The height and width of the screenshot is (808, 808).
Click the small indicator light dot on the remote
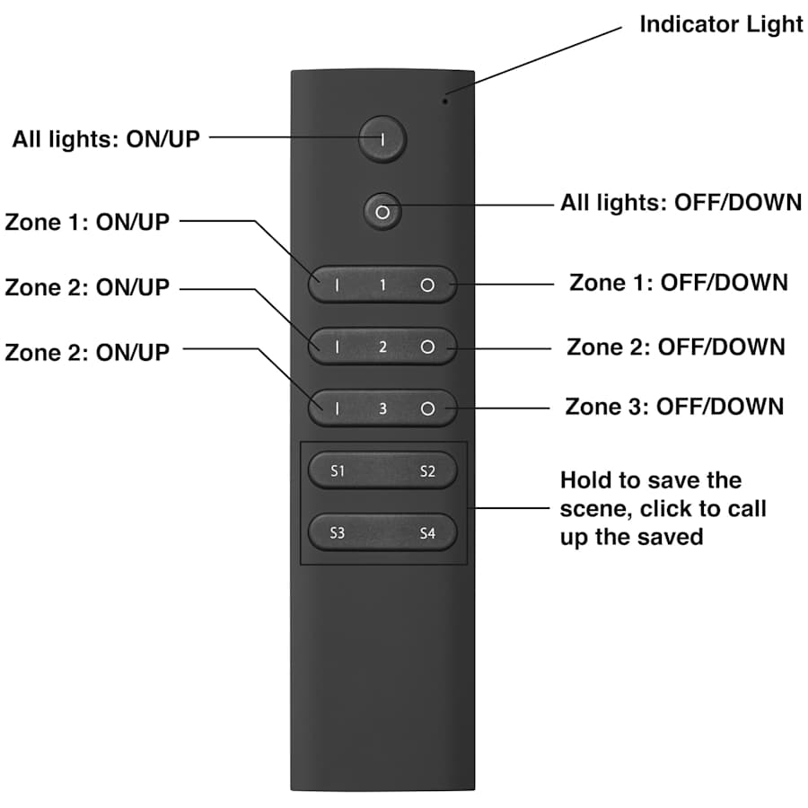445,100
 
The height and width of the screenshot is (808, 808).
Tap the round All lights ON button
383,139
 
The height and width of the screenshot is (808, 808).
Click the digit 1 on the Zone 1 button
382,285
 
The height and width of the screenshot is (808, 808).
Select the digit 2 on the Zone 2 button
382,347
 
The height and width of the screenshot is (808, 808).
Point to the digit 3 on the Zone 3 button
382,409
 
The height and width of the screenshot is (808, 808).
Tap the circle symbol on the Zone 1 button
427,285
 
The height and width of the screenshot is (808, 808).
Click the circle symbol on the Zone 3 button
427,409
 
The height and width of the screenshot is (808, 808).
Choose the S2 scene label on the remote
427,471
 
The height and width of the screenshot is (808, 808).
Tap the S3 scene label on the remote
338,533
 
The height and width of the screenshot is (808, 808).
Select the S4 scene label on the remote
427,533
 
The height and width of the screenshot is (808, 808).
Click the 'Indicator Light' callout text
720,24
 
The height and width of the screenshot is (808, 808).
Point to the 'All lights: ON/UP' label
106,139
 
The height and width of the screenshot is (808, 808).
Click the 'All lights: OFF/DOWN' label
681,203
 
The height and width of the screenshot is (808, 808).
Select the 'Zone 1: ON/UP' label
87,222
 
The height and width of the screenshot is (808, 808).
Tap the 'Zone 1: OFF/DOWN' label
678,282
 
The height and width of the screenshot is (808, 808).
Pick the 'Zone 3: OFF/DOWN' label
674,406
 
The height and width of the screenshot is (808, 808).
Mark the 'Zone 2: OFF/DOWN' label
675,347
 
